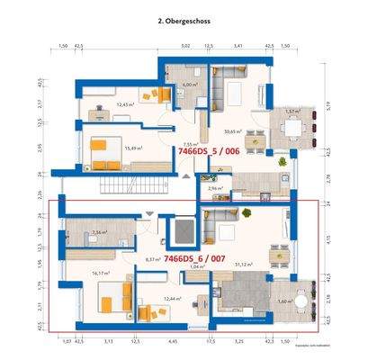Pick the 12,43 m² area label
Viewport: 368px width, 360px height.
tap(125, 104)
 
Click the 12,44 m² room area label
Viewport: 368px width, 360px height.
tap(173, 298)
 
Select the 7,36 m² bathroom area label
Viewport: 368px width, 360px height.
tap(99, 231)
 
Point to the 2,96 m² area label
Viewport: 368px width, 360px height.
tap(215, 188)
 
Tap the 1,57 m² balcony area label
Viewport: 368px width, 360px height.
tap(291, 111)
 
